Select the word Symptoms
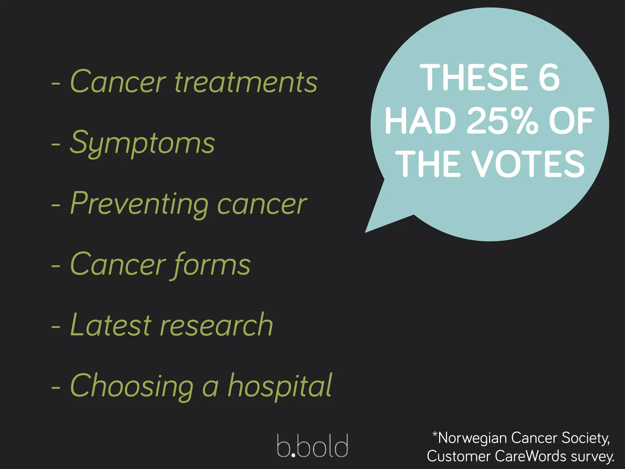point(142,143)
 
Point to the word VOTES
point(528,164)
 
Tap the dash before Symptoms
point(56,144)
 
